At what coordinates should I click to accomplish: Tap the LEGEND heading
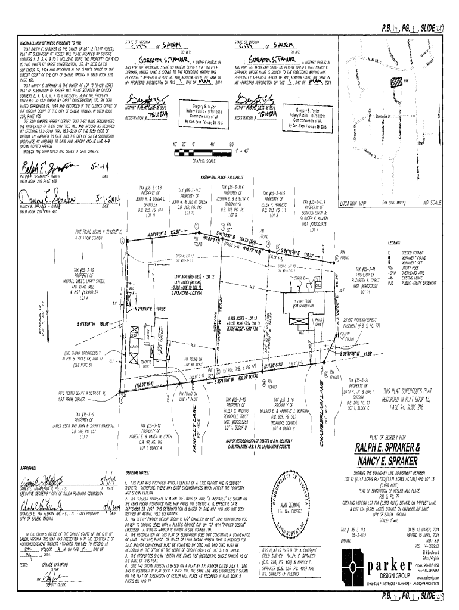click(394, 244)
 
